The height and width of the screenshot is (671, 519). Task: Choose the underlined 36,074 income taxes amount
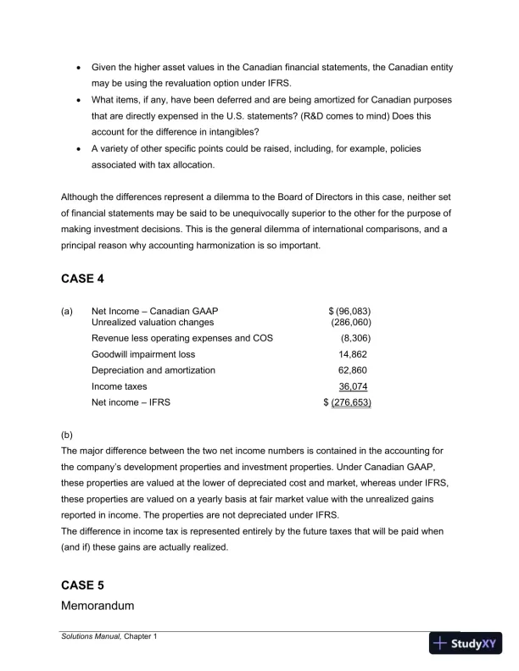point(354,386)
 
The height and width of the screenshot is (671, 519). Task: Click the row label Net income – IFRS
point(131,402)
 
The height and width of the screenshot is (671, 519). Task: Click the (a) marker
point(67,311)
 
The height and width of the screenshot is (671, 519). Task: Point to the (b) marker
point(67,439)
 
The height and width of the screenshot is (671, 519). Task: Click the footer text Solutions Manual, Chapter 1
point(109,636)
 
